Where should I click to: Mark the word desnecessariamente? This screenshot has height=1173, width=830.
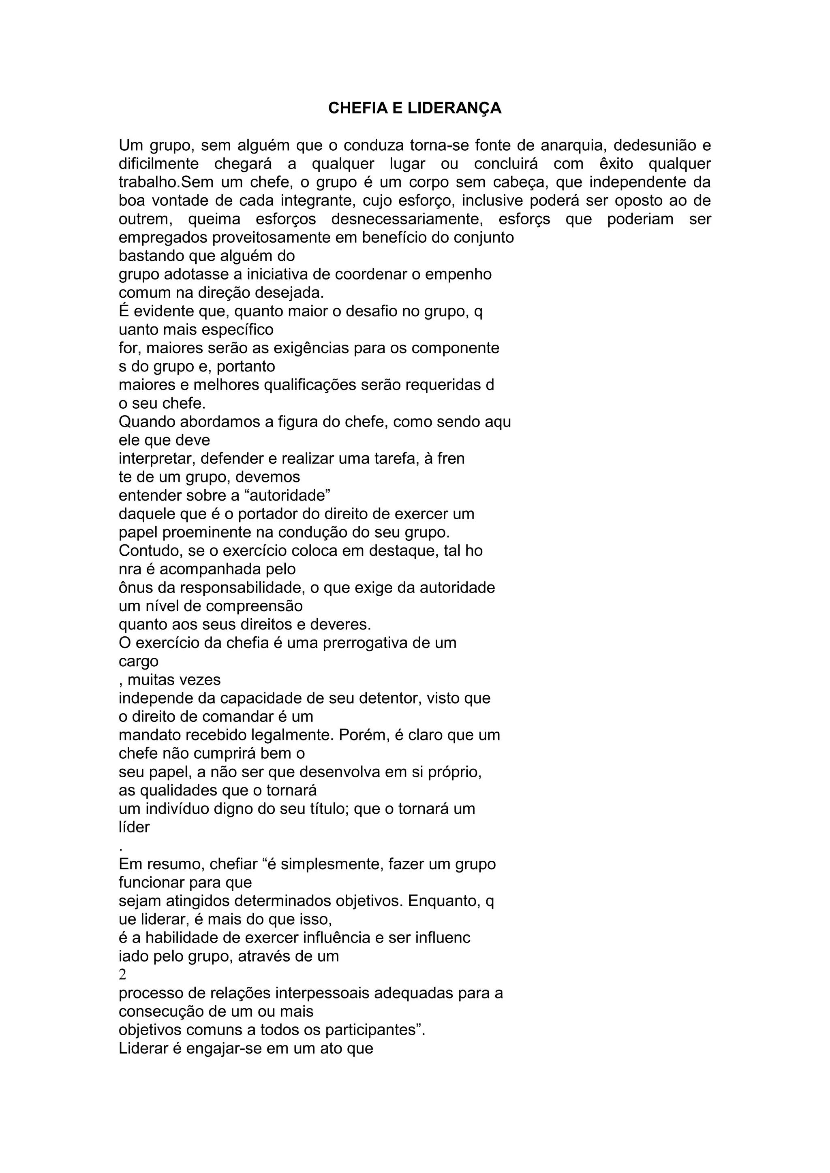point(407,219)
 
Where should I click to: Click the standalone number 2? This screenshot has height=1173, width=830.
point(123,974)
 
